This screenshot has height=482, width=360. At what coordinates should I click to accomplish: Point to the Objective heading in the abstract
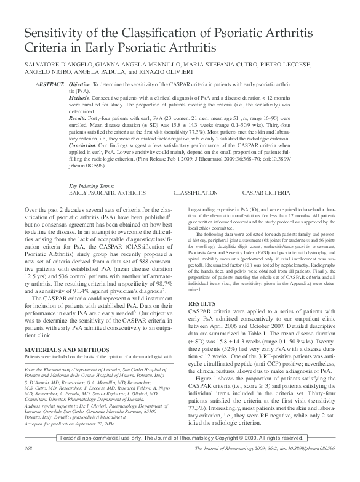pos(81,82)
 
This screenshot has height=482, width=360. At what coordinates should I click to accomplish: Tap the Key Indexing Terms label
pos(92,185)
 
